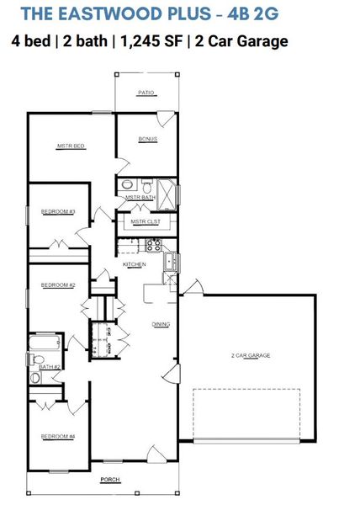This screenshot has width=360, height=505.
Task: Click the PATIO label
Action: pos(147,93)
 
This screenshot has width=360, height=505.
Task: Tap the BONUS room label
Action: pos(148,139)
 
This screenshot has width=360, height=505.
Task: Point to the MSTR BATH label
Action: pos(137,198)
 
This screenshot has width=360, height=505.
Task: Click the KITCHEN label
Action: pos(135,264)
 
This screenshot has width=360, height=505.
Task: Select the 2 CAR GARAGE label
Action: pos(250,356)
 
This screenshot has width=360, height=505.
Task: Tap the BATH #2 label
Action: pos(48,367)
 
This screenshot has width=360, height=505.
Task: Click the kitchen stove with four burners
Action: pos(154,246)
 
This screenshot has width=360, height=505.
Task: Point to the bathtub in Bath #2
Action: pos(44,343)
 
